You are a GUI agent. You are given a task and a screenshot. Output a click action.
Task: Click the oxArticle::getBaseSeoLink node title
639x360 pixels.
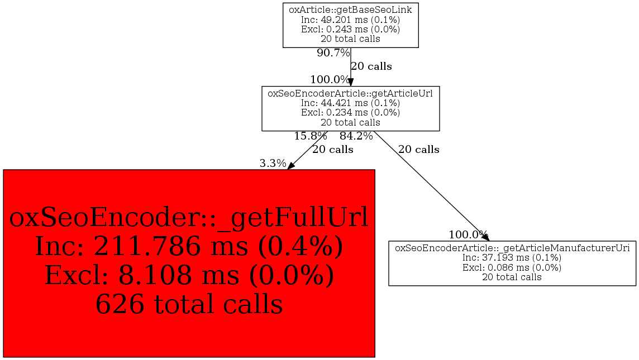tap(350, 9)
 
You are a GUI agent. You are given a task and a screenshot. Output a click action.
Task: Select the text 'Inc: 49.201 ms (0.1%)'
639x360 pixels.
tap(350, 20)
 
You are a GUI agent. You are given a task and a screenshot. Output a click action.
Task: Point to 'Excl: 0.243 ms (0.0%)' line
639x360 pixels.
tap(350, 29)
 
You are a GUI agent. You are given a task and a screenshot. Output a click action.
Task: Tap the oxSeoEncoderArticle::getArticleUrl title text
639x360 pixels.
tap(350, 93)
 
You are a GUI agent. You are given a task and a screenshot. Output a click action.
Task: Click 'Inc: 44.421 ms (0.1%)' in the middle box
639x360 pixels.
tap(350, 103)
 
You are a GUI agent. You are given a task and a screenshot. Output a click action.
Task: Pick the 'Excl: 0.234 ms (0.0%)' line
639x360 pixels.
tap(350, 112)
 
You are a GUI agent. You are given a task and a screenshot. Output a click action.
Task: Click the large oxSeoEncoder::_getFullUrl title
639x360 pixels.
tap(189, 218)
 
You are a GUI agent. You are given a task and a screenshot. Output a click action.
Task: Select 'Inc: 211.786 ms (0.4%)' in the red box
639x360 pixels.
tap(189, 247)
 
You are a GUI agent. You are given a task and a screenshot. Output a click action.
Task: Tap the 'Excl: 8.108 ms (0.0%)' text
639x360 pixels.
tap(189, 276)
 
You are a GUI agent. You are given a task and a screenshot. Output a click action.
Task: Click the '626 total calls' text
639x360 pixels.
tap(189, 305)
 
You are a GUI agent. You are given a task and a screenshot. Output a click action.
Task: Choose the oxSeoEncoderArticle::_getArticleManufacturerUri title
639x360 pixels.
tap(512, 248)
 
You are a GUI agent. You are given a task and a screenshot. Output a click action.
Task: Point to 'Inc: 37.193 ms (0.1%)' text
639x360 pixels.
tap(512, 258)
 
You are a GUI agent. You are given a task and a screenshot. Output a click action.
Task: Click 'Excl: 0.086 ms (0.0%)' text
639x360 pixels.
tap(512, 267)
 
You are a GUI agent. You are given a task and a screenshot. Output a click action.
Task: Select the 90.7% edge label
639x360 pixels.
tap(333, 54)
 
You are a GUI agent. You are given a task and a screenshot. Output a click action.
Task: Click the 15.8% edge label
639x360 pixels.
tap(310, 136)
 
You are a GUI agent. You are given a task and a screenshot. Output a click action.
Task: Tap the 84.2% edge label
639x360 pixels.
tap(356, 136)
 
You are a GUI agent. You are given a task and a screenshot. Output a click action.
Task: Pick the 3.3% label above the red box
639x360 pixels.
tap(273, 164)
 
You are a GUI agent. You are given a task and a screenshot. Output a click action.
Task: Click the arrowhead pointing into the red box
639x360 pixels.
tap(290, 166)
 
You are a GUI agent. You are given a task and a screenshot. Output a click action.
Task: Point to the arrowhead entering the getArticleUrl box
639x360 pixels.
tap(351, 81)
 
